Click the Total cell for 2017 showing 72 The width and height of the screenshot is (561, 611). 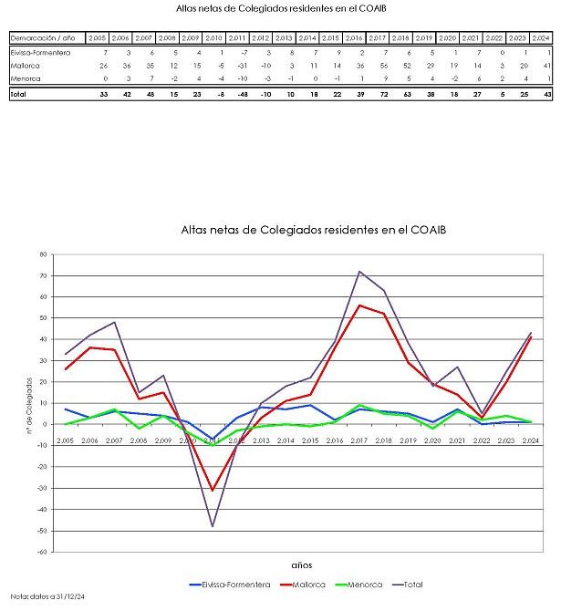pyautogui.click(x=382, y=95)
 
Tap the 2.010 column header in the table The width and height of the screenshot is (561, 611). pyautogui.click(x=215, y=38)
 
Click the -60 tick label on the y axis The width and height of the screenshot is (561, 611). pyautogui.click(x=40, y=552)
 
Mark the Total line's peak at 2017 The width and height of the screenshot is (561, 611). pyautogui.click(x=359, y=271)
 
